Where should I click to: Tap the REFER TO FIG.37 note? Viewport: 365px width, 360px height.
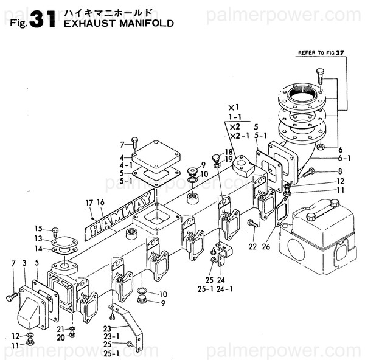point(321,53)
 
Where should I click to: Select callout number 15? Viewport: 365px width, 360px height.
point(38,229)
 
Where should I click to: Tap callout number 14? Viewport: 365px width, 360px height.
point(38,248)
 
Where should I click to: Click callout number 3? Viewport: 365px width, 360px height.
point(24,262)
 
